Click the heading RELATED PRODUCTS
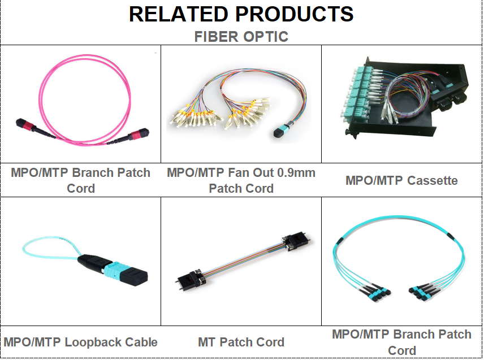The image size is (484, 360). tap(241, 14)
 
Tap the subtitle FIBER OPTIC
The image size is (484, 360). tap(241, 37)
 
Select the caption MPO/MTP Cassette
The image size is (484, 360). tap(401, 180)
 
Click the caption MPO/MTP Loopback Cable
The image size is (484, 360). tap(80, 342)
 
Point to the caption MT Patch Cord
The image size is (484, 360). tap(241, 342)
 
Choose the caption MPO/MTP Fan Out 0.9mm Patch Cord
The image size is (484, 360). tap(241, 180)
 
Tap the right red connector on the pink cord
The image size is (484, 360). tap(140, 135)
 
